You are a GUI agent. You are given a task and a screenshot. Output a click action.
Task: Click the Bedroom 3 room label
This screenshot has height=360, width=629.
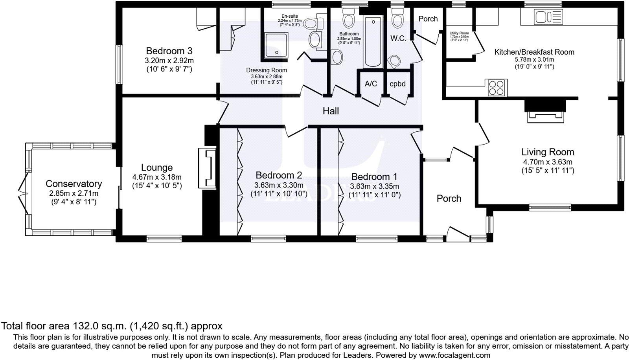coord(169,51)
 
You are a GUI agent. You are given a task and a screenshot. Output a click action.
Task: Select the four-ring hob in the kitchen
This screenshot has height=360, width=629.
coord(496,88)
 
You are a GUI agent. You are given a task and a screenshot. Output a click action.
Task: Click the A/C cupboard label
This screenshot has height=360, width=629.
coord(371,84)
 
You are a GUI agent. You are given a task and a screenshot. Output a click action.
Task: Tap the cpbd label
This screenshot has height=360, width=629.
coord(397,84)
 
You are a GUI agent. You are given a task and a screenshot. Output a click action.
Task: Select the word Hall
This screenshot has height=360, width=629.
coord(331,111)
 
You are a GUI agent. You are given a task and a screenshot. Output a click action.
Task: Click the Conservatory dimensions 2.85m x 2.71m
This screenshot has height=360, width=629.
coord(74,193)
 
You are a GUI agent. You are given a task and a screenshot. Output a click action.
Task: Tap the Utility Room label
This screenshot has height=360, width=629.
coord(459,33)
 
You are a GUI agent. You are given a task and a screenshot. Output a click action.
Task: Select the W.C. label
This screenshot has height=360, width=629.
coord(398,39)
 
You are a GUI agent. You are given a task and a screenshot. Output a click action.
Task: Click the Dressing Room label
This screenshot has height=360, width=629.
coord(267,70)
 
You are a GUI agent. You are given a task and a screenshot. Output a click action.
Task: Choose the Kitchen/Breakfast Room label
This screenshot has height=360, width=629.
coord(534,52)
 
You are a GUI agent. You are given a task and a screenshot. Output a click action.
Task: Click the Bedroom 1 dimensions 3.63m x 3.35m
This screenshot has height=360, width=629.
coord(374,186)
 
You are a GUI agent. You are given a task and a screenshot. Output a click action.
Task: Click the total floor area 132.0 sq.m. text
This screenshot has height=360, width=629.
coord(112,326)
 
